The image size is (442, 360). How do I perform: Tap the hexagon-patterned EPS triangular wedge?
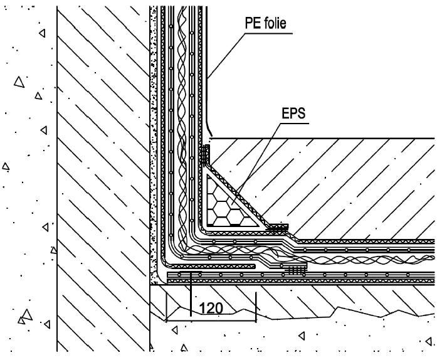(228, 204)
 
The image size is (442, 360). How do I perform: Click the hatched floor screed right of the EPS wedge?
(351, 188)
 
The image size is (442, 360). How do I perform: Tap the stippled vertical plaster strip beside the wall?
(152, 157)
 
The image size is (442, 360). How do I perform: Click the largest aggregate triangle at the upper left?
(19, 82)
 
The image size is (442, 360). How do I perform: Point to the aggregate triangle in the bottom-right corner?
(428, 341)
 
